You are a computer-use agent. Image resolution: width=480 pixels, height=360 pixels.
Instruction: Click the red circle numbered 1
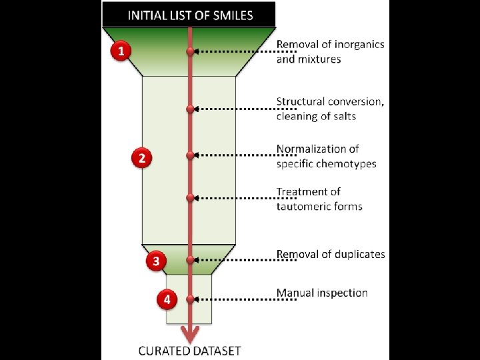tap(121, 51)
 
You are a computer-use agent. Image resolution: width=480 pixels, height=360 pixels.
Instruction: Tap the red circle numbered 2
tap(142, 158)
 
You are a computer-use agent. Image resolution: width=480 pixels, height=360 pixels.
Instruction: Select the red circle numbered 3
tap(156, 261)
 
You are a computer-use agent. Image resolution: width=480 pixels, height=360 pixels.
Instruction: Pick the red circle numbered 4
tap(167, 299)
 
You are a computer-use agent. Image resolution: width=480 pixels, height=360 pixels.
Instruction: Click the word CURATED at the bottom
tap(161, 351)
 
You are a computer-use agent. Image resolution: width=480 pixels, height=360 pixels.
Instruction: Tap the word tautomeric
tap(301, 206)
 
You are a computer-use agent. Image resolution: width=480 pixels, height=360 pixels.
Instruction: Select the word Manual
tap(293, 293)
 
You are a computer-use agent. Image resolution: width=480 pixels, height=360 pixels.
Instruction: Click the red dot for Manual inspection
tap(191, 299)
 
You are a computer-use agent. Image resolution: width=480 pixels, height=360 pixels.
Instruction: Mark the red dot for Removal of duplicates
tap(191, 259)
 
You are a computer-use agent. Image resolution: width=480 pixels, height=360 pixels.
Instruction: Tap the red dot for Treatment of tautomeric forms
tap(191, 197)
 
